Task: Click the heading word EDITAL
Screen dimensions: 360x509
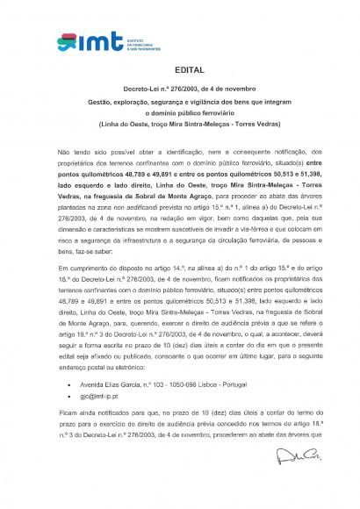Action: point(180,68)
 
